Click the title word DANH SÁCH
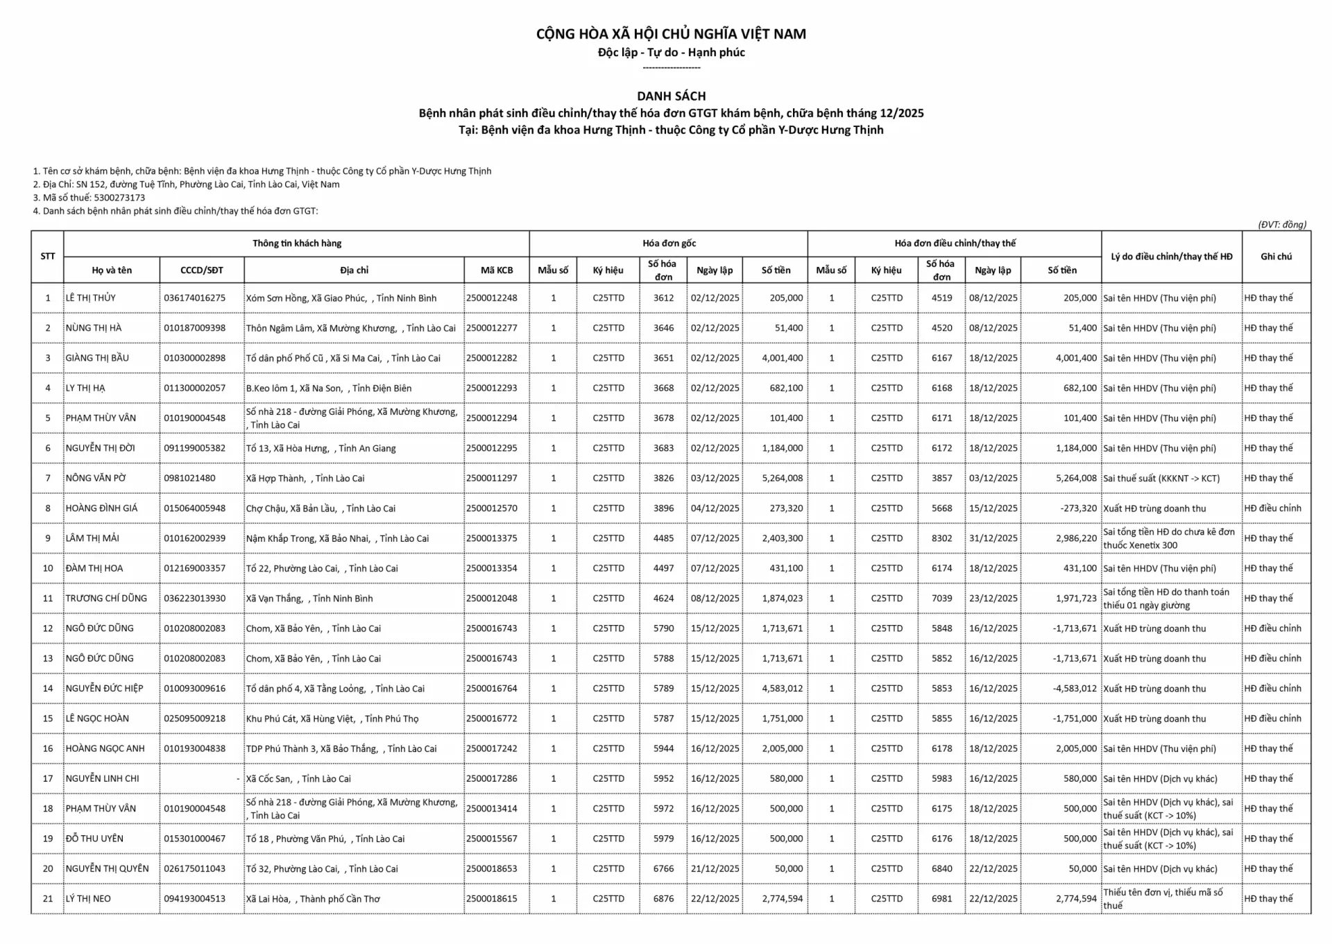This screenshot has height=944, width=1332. (x=671, y=96)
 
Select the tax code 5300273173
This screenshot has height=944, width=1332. (x=119, y=198)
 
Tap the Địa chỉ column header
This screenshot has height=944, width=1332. (x=354, y=271)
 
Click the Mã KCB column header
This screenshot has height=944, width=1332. (x=497, y=271)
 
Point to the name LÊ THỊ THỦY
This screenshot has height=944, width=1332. (x=91, y=298)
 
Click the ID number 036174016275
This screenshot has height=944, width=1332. (x=194, y=298)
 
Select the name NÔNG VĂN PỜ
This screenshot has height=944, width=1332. (x=96, y=479)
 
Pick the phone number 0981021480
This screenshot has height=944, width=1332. (x=189, y=479)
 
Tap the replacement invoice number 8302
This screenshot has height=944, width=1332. (x=941, y=538)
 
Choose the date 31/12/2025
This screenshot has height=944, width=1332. (x=993, y=538)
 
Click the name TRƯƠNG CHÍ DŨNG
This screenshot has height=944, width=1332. (x=106, y=599)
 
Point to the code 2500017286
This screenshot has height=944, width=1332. (x=492, y=779)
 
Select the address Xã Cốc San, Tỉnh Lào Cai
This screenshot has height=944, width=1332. (x=298, y=779)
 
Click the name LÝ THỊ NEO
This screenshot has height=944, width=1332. (x=88, y=899)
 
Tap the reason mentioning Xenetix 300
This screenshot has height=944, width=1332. (x=1169, y=538)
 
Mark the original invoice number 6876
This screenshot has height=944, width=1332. (x=663, y=899)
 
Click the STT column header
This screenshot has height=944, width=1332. (x=47, y=257)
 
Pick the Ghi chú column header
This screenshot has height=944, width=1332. (x=1276, y=257)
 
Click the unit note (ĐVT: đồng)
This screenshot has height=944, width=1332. (x=1281, y=225)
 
